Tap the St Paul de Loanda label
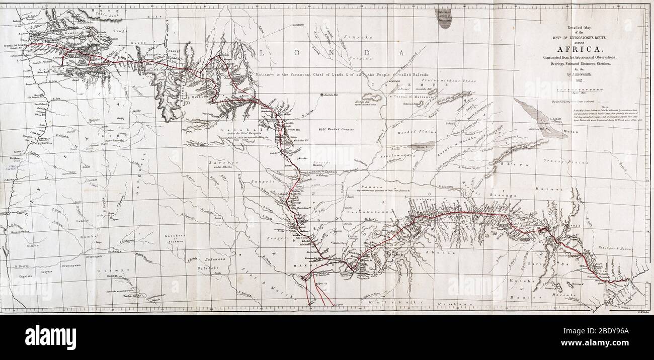coord(15,45)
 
